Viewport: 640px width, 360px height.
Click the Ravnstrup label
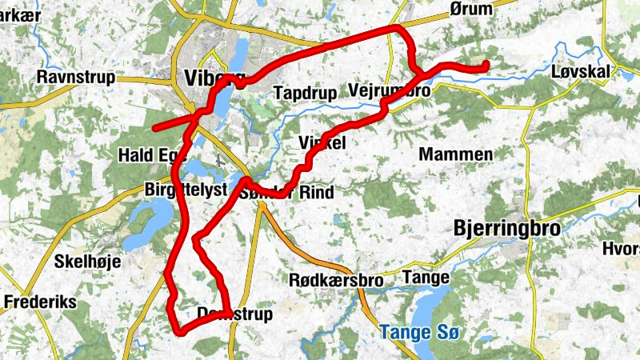(x=76, y=78)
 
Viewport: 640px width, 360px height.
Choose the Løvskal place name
(x=582, y=72)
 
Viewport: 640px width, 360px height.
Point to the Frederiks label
(x=39, y=302)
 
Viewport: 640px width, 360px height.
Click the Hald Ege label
(x=150, y=154)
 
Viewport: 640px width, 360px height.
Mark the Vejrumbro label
(x=390, y=92)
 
